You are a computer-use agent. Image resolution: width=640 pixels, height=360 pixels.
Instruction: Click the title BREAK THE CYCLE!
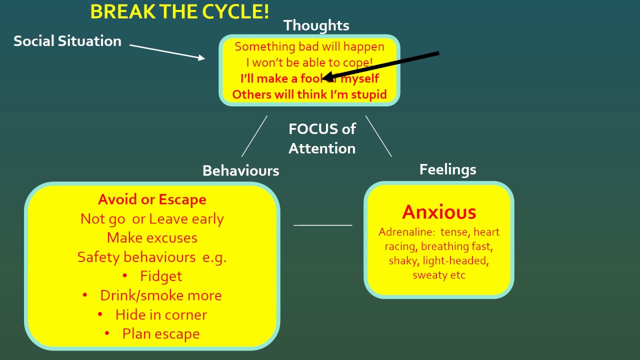tap(179, 11)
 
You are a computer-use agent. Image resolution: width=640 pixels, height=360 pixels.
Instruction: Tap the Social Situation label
tap(67, 41)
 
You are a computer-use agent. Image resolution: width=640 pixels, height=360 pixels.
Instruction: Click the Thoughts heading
tap(316, 25)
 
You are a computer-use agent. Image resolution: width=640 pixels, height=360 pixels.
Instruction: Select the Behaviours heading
tap(240, 170)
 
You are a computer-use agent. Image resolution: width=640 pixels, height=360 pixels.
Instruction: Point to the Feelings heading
tap(447, 169)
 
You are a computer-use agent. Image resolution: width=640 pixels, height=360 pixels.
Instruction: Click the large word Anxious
tap(439, 212)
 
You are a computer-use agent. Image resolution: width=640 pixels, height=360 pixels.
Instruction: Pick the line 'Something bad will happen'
tap(309, 46)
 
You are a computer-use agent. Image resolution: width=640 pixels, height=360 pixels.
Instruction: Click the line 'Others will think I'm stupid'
tap(309, 94)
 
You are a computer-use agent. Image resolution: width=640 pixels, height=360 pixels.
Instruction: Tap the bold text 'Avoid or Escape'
tap(152, 199)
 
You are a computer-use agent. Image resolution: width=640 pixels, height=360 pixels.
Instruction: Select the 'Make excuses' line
tap(152, 237)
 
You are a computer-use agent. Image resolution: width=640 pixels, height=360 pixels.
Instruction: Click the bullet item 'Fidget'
tap(161, 276)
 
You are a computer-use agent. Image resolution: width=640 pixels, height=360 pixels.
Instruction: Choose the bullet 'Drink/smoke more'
tap(161, 295)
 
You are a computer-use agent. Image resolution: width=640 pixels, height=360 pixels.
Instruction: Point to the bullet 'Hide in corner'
tap(161, 314)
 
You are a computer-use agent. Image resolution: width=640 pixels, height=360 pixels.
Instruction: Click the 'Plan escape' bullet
tap(161, 333)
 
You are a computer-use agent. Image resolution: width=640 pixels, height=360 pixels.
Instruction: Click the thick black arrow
tap(382, 65)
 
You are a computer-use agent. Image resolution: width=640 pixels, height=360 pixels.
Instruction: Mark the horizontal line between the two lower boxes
tap(322, 225)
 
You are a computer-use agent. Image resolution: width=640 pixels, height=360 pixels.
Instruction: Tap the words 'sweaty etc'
tap(439, 275)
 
